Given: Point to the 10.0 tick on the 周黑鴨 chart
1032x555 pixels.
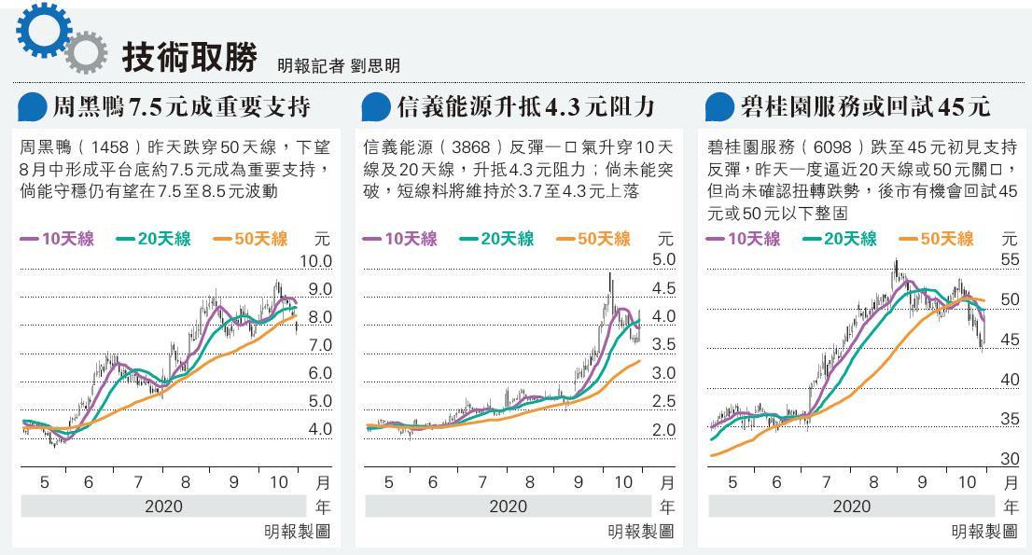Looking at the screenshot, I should coord(314,261).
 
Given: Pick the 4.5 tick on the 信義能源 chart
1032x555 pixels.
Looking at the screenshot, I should coord(663,288).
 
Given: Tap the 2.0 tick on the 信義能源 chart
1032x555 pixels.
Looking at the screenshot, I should coord(663,431).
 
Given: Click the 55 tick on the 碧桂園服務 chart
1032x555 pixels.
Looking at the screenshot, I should coord(1010,260).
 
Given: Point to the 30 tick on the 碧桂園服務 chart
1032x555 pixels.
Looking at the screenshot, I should coord(1010,459).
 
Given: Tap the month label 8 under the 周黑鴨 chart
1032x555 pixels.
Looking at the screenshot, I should coord(186,482).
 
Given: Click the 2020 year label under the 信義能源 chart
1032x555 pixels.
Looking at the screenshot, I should coord(509,507).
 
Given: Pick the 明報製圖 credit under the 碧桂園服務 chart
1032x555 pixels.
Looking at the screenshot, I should coord(983,532).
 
